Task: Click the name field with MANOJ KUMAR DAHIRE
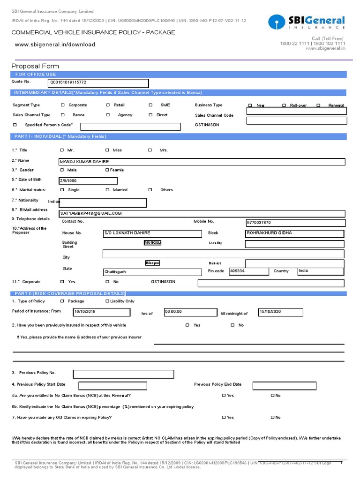point(202,162)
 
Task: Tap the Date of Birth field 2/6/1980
point(88,181)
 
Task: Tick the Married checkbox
point(107,190)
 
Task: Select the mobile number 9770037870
point(295,223)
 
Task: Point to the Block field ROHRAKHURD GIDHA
point(295,233)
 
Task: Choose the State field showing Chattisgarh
point(152,272)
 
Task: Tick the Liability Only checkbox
point(107,301)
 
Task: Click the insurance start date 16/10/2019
point(101,312)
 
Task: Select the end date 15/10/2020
point(280,312)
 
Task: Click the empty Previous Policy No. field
point(123,374)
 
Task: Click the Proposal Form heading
point(35,66)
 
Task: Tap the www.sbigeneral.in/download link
point(55,45)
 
